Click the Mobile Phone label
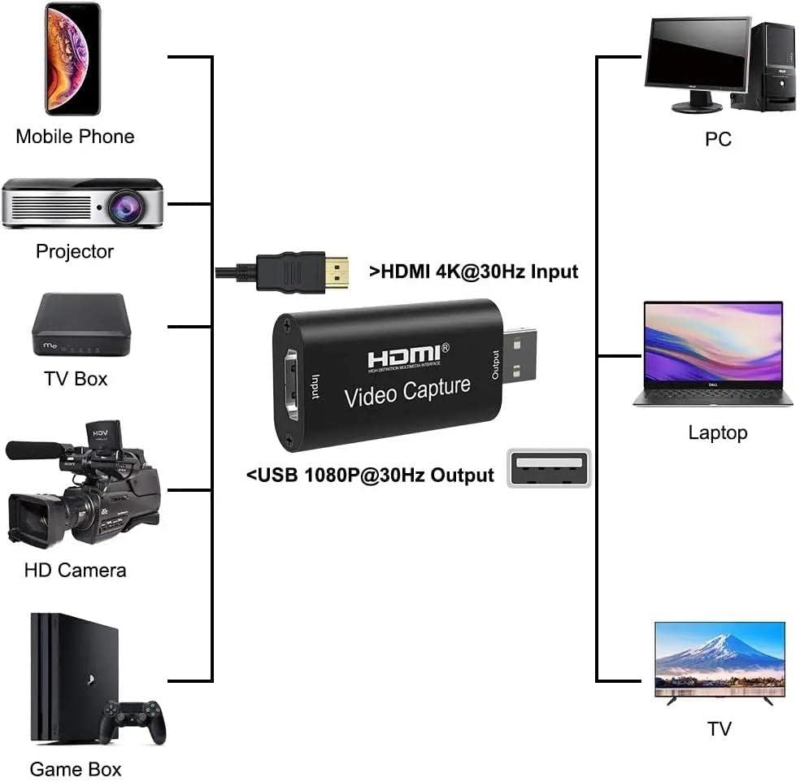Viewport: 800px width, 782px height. pyautogui.click(x=75, y=136)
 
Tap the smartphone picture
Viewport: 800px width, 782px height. pyautogui.click(x=72, y=59)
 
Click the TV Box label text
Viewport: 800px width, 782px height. pyautogui.click(x=76, y=378)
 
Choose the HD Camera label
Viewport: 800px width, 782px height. pyautogui.click(x=75, y=570)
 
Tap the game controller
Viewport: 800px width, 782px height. pyautogui.click(x=133, y=721)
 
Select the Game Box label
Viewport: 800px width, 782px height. pyautogui.click(x=76, y=768)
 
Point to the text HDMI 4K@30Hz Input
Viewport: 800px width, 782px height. pyautogui.click(x=474, y=272)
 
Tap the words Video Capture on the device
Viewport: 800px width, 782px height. pyautogui.click(x=407, y=391)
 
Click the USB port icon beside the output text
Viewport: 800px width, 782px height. pyautogui.click(x=549, y=468)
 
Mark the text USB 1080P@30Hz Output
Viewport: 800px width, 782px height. pyautogui.click(x=370, y=475)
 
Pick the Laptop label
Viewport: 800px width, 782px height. pyautogui.click(x=717, y=432)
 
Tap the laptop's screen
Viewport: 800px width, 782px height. pyautogui.click(x=713, y=342)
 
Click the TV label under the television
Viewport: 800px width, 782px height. pyautogui.click(x=719, y=729)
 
